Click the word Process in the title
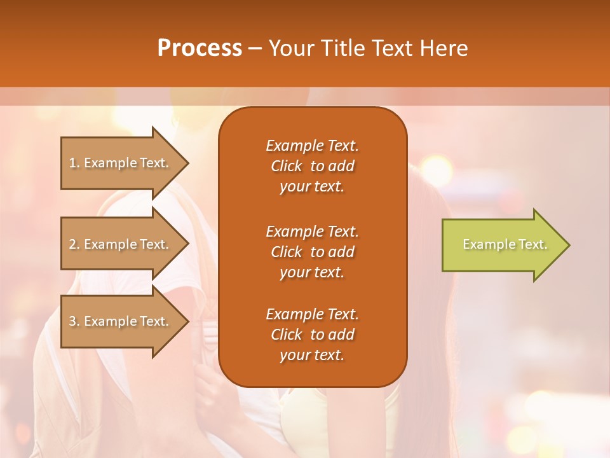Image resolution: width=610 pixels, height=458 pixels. pos(200,48)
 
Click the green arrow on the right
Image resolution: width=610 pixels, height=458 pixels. pos(502,245)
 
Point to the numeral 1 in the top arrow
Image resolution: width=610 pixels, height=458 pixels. pos(72,163)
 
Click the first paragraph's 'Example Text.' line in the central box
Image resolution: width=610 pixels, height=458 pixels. pos(312,146)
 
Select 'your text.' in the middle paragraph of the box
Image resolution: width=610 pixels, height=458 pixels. pos(312,272)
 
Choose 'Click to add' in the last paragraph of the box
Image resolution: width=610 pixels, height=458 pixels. pos(312,335)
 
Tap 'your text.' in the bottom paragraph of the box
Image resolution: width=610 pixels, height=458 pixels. pos(312,355)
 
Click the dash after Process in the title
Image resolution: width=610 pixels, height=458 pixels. pos(255,48)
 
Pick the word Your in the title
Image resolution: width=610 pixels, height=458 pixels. pos(287,48)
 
